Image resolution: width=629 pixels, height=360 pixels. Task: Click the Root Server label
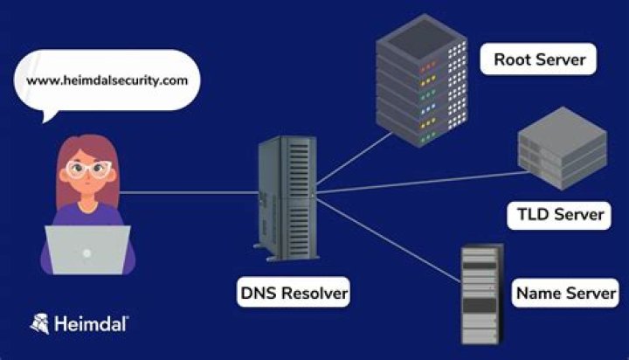(x=539, y=61)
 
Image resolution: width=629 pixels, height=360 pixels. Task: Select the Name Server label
(x=565, y=292)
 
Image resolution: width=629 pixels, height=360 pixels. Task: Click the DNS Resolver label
(x=294, y=292)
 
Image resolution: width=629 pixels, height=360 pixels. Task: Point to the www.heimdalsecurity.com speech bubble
(x=107, y=80)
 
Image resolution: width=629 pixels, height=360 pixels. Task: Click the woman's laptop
(x=86, y=249)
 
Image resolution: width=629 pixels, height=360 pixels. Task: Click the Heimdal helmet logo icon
(x=39, y=323)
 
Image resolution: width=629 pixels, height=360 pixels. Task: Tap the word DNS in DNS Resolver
(x=259, y=292)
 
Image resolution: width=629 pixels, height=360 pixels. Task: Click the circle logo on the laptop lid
(x=86, y=253)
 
